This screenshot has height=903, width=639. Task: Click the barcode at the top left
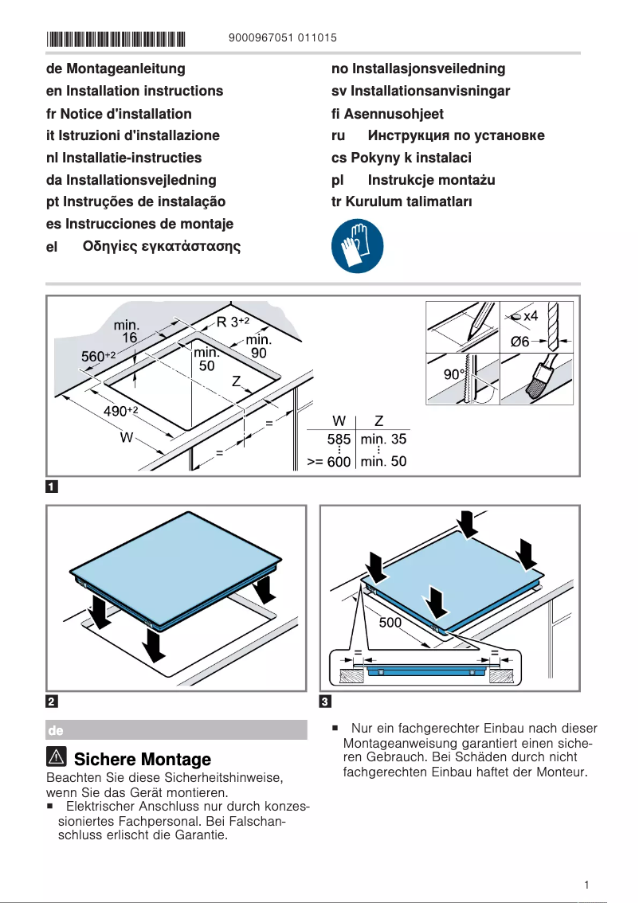(116, 38)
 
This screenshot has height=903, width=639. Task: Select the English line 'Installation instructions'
(135, 91)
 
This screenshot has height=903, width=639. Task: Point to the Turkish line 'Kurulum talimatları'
(402, 201)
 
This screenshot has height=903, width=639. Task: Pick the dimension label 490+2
(121, 411)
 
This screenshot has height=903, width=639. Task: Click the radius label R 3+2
(233, 322)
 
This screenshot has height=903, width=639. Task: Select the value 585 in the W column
(339, 439)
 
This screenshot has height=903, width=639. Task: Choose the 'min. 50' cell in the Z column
(383, 462)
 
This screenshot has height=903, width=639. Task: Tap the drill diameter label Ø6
(519, 342)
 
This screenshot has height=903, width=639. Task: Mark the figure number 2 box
(52, 702)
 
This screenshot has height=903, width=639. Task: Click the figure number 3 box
(325, 702)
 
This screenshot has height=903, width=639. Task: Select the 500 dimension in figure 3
(390, 623)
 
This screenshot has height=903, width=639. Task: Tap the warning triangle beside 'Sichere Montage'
(57, 759)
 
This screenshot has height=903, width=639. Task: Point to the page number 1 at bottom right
(586, 885)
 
